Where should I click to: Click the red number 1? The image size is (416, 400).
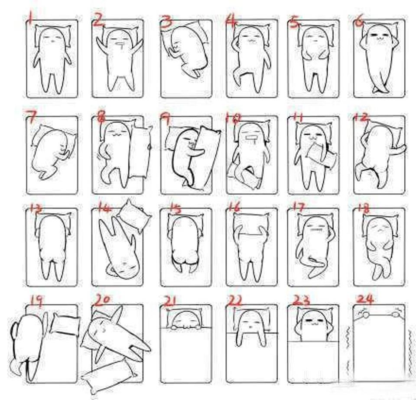click(30, 19)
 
